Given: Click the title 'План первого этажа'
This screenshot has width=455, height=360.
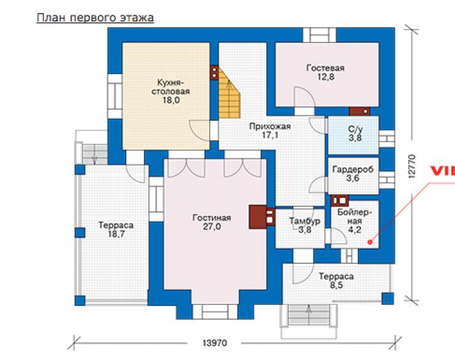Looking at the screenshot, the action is click(x=95, y=18).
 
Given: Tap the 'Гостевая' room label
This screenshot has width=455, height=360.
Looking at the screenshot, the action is click(x=325, y=68).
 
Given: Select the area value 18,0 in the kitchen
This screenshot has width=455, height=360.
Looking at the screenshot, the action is click(x=171, y=100).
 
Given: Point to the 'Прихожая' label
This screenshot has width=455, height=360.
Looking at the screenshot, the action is click(x=270, y=126).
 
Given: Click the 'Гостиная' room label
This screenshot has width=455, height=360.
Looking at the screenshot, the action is click(x=212, y=218).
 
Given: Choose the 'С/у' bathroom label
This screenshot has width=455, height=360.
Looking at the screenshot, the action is click(x=355, y=129).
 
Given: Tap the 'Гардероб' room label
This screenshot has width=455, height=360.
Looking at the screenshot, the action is click(x=353, y=169).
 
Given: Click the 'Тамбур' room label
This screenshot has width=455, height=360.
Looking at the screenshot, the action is click(x=305, y=221).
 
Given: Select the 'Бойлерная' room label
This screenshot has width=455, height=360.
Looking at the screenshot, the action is click(x=354, y=217).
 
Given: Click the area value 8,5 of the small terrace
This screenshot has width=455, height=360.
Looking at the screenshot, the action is click(x=336, y=286).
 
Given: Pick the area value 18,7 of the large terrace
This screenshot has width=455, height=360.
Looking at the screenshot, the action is click(x=116, y=234).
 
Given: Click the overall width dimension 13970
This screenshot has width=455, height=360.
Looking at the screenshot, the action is click(x=215, y=343).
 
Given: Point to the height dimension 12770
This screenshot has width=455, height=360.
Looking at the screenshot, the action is click(x=411, y=166).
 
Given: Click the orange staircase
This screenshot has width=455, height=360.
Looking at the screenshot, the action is click(x=229, y=93).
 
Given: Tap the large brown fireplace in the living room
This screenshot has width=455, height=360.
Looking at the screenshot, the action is click(x=258, y=217).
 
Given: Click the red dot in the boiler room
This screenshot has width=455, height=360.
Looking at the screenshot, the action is click(x=370, y=242).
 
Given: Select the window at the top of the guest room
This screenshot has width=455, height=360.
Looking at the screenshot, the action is click(x=320, y=35).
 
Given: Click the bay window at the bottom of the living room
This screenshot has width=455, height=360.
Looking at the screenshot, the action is click(x=215, y=312).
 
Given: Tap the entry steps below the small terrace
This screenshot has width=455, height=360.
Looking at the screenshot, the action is click(x=309, y=316).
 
